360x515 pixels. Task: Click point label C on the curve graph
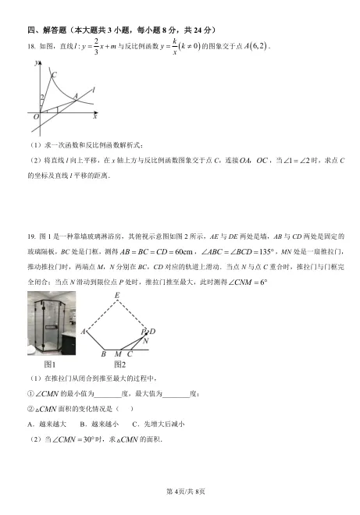53,75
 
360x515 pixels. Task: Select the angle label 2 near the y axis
43,98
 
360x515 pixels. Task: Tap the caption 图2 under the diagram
119,364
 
